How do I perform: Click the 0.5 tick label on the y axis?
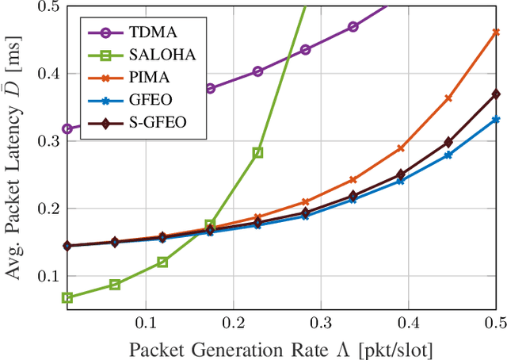(48, 6)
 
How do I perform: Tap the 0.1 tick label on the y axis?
(48, 276)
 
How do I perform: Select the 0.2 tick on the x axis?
(234, 323)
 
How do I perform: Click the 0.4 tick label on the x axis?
(408, 323)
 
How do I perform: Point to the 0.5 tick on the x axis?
(495, 323)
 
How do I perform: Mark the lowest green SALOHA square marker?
(67, 298)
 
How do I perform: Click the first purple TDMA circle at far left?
(67, 128)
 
